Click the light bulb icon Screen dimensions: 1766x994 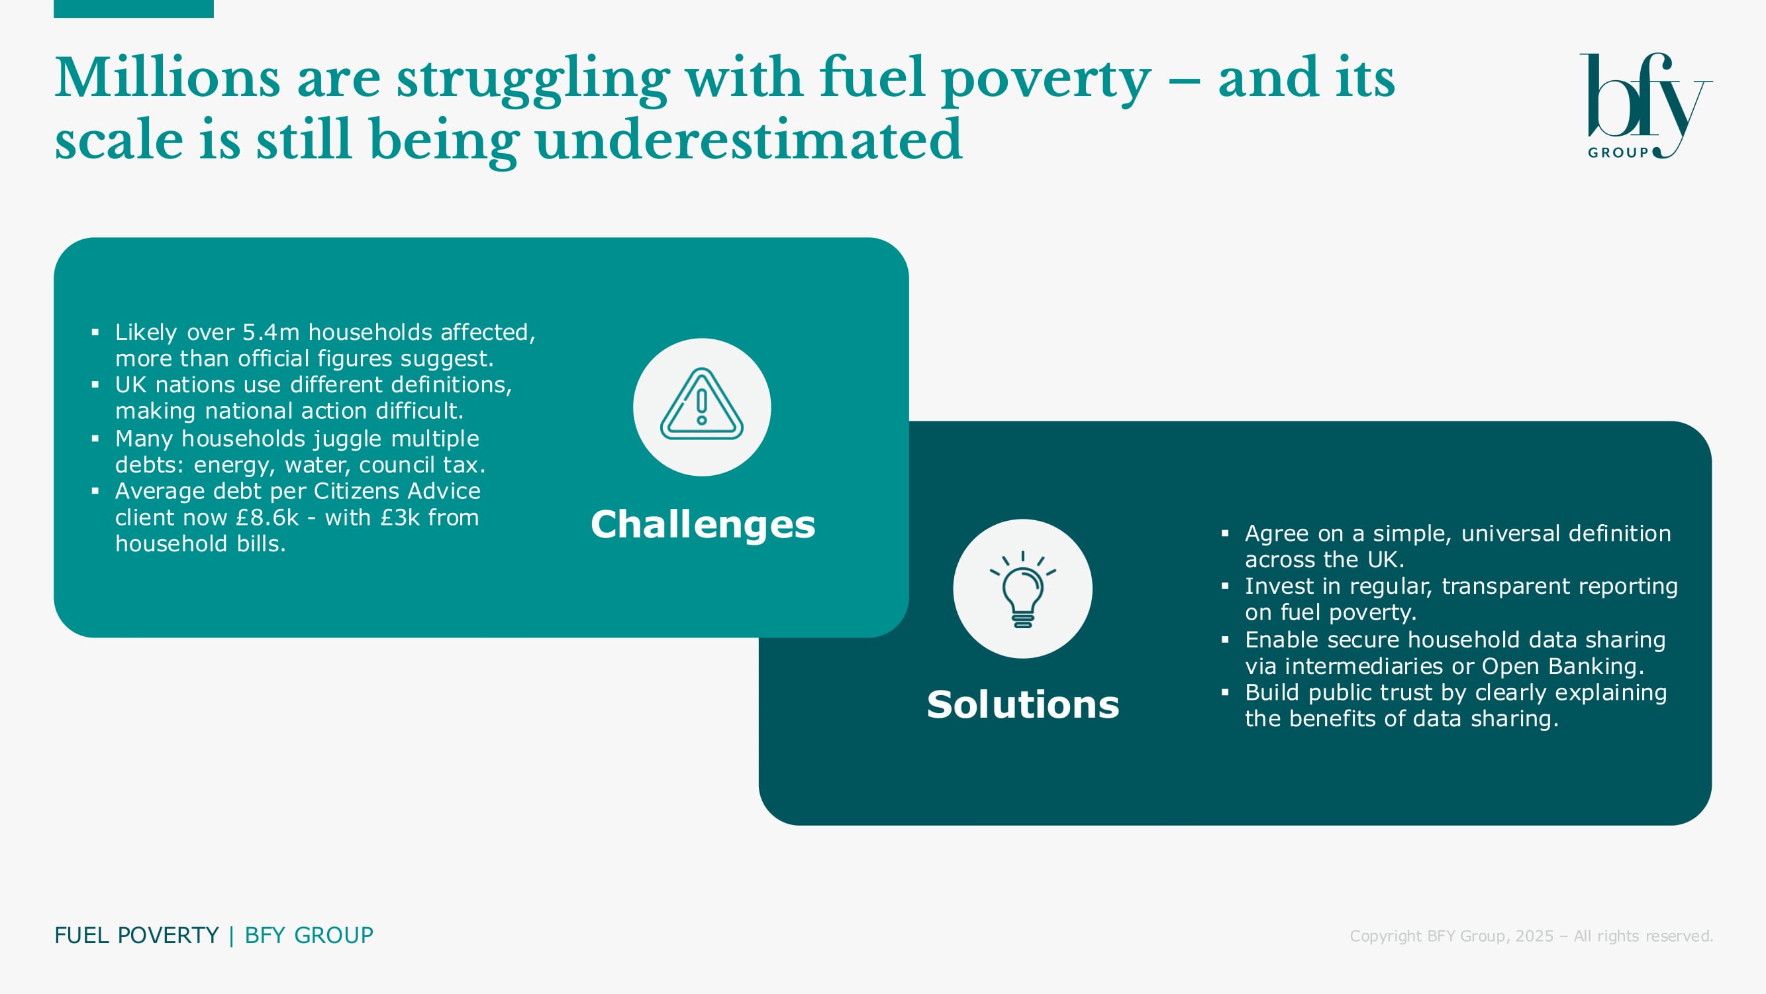pyautogui.click(x=1022, y=588)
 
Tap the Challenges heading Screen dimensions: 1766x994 pyautogui.click(x=703, y=525)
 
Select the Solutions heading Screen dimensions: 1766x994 pyautogui.click(x=1023, y=704)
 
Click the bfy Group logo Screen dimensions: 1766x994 pyautogui.click(x=1645, y=105)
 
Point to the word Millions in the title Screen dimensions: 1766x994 pyautogui.click(x=168, y=78)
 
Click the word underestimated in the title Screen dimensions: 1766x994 pyautogui.click(x=749, y=139)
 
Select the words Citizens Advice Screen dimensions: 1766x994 pyautogui.click(x=397, y=491)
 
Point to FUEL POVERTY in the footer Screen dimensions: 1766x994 pyautogui.click(x=136, y=936)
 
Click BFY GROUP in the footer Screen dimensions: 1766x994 pyautogui.click(x=309, y=936)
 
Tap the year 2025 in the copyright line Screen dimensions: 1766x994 pyautogui.click(x=1534, y=936)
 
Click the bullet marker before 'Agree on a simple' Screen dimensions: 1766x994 pyautogui.click(x=1225, y=533)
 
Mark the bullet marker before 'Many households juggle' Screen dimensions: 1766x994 pyautogui.click(x=95, y=438)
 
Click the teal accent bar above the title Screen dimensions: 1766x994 pyautogui.click(x=134, y=9)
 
